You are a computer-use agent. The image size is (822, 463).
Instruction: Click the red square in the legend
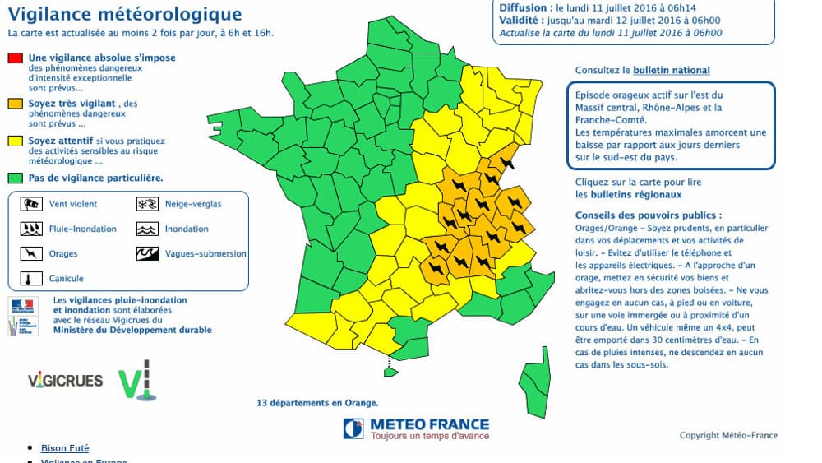pos(14,58)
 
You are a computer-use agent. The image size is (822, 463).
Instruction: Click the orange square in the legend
pos(14,104)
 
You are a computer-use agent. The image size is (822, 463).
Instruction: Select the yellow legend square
pos(14,141)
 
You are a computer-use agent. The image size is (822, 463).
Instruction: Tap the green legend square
pos(14,178)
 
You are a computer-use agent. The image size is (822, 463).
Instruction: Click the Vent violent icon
pos(32,204)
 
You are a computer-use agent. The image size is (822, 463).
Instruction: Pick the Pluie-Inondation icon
pos(32,229)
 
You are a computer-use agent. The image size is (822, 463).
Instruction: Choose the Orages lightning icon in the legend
pos(32,254)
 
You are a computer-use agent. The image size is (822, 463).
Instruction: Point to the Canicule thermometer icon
pos(32,279)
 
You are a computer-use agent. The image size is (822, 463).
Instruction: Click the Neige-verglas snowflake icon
pos(147,204)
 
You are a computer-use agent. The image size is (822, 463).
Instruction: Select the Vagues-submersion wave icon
pos(147,254)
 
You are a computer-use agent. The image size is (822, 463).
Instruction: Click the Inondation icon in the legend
pos(147,229)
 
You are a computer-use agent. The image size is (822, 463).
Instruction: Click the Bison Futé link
pos(65,448)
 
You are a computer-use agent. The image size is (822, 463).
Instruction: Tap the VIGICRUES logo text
pos(65,381)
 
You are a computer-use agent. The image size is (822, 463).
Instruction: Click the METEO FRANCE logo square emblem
pos(353,428)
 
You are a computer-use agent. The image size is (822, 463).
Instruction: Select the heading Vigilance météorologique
pos(124,15)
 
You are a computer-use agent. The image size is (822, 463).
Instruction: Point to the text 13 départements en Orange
pos(317,403)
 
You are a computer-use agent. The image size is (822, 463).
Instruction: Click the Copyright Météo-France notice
pos(728,436)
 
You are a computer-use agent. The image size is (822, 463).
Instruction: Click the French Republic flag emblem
pos(23,305)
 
